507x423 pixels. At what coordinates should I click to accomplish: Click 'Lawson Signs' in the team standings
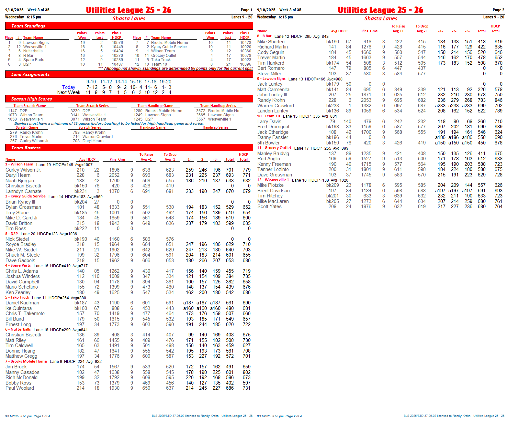click(x=36, y=43)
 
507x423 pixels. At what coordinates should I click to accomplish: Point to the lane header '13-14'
click(x=121, y=82)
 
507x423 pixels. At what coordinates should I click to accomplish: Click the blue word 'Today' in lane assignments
click(x=69, y=87)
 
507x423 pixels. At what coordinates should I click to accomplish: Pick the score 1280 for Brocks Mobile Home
click(x=138, y=111)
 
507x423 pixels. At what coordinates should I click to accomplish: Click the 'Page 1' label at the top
click(x=246, y=10)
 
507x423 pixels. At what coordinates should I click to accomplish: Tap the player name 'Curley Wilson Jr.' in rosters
click(x=23, y=170)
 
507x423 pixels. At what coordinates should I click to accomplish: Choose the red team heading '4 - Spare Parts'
click(x=18, y=265)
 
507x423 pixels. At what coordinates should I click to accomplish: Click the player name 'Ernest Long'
click(x=18, y=324)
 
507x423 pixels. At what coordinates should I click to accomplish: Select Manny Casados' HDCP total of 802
click(x=246, y=372)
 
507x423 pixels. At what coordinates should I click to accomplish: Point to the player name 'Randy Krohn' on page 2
click(x=271, y=100)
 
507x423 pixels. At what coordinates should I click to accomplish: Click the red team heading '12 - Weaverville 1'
click(x=273, y=180)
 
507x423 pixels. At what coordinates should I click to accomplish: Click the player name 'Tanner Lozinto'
click(x=273, y=169)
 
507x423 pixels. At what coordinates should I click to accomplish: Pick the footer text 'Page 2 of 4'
click(x=293, y=416)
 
